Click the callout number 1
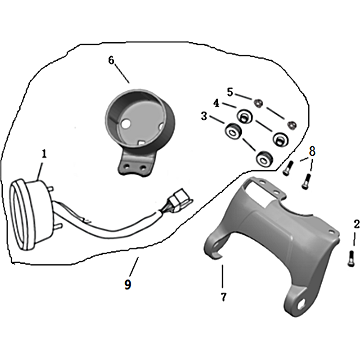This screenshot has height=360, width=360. point(44,154)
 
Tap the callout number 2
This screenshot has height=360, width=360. point(356,224)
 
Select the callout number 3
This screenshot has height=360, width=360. point(204,117)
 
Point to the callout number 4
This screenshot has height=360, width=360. point(216,103)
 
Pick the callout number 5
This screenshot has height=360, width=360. point(230,92)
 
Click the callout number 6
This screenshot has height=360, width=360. point(111,60)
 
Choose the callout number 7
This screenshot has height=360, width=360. point(223,297)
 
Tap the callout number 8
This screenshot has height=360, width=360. point(312,151)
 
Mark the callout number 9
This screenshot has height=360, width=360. point(128,285)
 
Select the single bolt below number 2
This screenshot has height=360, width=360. point(351,258)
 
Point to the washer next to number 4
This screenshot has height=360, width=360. point(245,117)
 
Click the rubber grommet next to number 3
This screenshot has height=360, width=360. point(233,131)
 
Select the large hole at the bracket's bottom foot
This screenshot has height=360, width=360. point(302,303)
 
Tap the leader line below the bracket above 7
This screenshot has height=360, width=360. point(222,276)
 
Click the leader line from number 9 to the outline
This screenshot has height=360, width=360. point(134,266)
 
